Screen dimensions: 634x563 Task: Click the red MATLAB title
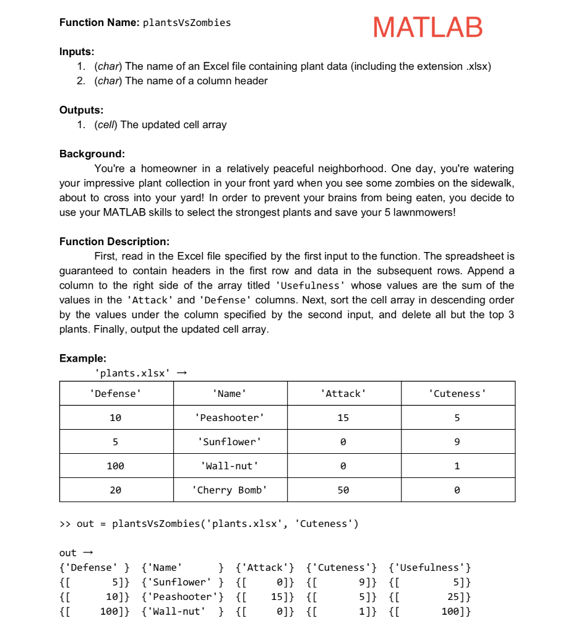(428, 28)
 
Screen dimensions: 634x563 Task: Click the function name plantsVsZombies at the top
(187, 23)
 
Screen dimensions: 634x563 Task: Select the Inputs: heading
(77, 51)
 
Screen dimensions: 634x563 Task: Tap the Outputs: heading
(81, 110)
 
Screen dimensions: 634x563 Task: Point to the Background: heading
(92, 154)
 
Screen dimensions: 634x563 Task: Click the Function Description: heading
(114, 241)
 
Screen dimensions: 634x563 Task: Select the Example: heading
(82, 358)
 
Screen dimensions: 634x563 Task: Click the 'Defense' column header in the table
(116, 394)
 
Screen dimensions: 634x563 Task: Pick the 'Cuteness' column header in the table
(457, 394)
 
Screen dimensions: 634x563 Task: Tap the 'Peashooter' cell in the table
(230, 418)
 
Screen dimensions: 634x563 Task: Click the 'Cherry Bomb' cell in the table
(230, 490)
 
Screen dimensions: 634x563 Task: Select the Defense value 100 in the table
(116, 466)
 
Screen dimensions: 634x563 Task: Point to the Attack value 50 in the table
(343, 490)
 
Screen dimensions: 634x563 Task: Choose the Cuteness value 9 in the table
(457, 442)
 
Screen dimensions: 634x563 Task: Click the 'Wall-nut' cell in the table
(230, 466)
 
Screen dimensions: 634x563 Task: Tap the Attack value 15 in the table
(343, 418)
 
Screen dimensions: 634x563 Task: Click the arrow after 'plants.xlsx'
(181, 373)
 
